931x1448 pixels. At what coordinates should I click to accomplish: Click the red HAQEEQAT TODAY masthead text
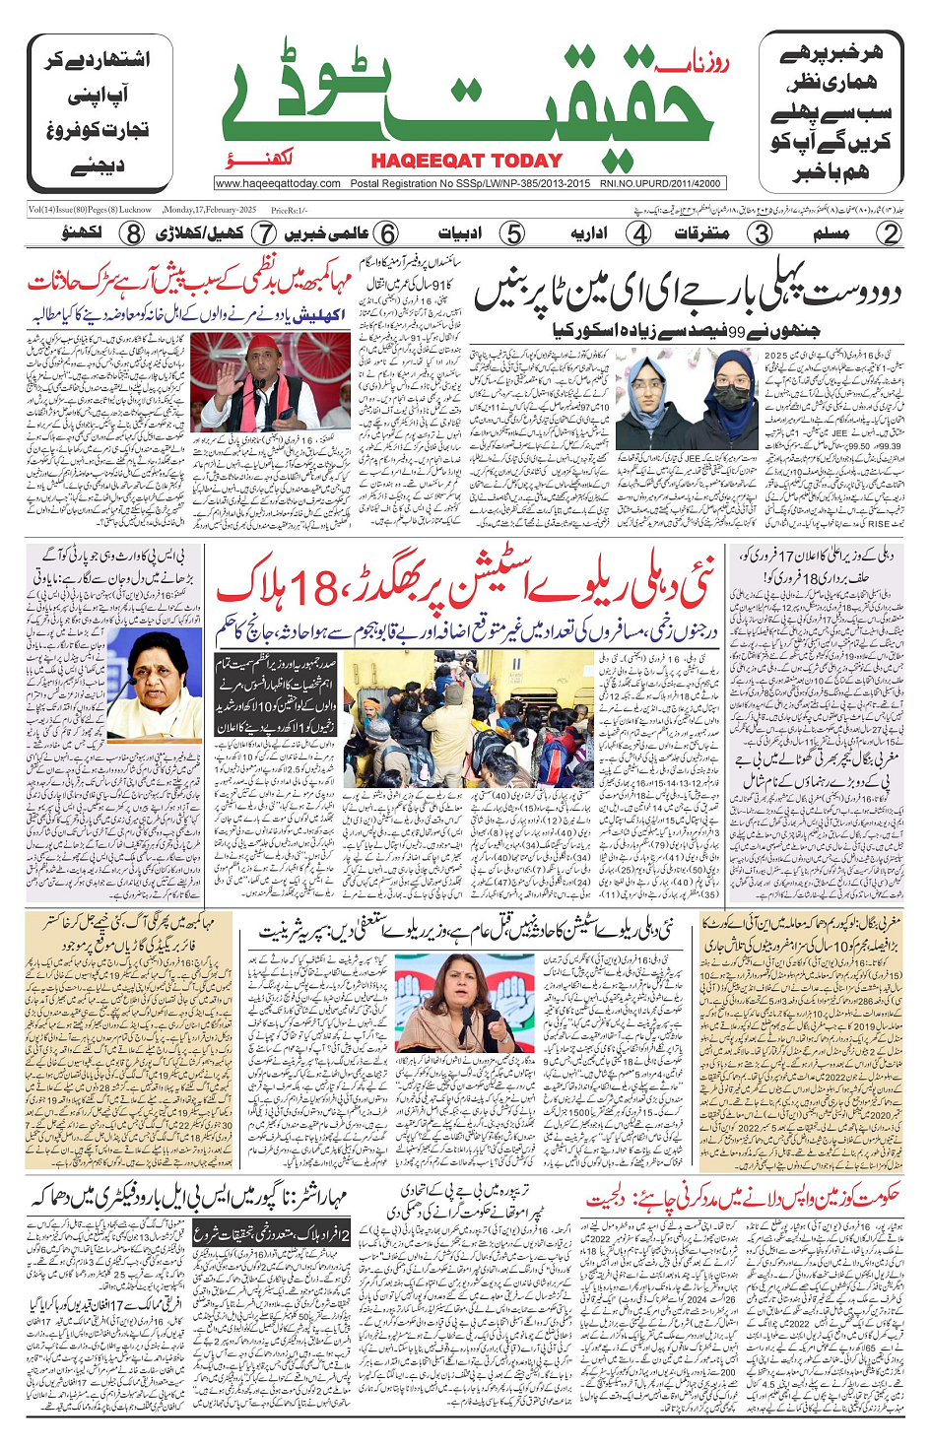466,161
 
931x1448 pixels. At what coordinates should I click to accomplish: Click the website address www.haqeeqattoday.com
278,183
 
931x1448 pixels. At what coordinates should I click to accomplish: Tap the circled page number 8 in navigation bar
133,233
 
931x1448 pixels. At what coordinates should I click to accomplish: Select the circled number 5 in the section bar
512,233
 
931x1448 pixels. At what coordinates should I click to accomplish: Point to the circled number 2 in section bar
890,233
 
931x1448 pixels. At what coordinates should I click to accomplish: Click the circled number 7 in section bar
264,233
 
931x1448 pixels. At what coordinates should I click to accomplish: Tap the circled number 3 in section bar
761,233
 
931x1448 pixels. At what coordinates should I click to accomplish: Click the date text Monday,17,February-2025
209,210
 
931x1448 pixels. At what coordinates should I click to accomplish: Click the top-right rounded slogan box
830,111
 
